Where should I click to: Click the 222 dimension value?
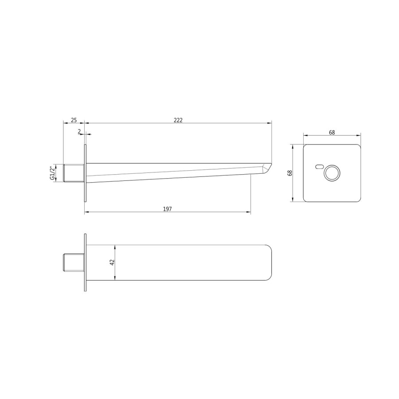[178, 120]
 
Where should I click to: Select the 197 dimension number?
[167, 208]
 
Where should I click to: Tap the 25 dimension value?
[74, 120]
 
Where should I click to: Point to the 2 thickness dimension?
[79, 131]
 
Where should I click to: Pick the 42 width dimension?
[112, 262]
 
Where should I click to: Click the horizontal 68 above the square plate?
[332, 132]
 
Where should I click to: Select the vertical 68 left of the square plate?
[290, 172]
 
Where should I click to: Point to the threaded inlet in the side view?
[74, 173]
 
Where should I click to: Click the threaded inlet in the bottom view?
[74, 262]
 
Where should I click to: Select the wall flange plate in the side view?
[85, 173]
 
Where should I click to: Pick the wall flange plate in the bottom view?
[85, 262]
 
